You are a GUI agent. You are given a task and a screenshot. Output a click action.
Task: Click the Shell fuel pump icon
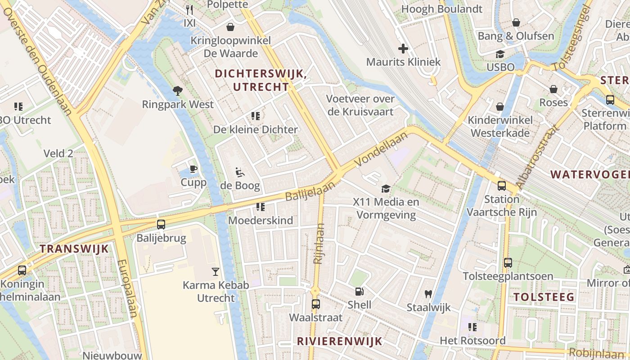point(359,292)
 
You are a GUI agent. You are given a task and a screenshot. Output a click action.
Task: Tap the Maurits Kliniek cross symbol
point(403,48)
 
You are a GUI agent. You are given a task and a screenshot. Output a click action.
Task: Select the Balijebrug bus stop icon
point(161,224)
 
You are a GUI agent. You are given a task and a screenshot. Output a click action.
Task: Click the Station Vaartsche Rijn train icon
point(501,185)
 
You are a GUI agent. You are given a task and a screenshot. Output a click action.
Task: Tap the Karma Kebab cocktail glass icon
point(216,271)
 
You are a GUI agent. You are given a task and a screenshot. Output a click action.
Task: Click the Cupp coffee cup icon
point(193,169)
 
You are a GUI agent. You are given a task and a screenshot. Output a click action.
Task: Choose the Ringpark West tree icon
point(178,90)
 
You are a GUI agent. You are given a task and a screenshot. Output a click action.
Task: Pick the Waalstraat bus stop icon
point(315,304)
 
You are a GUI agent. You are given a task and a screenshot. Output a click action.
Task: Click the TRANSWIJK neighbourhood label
point(74,248)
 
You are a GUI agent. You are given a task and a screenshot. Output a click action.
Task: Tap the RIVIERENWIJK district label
point(339,341)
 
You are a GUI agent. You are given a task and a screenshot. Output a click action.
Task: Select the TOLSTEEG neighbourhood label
point(544,297)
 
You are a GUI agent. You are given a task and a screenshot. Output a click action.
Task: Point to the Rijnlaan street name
point(319,243)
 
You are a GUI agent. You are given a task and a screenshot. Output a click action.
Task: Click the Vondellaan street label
point(377,150)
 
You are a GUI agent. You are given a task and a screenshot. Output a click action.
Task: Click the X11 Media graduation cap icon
point(386,189)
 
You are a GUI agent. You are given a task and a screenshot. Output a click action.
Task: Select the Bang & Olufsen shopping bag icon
point(516,22)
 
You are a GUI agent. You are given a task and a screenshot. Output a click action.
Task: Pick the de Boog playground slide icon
point(240,172)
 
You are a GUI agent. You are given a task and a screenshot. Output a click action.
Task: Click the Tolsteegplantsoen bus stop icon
point(508,262)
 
